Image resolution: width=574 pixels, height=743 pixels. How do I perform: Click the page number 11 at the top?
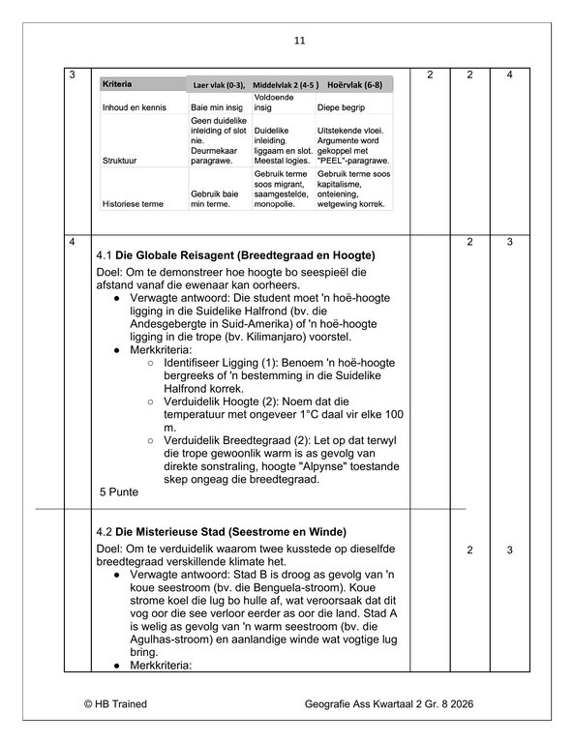(299, 41)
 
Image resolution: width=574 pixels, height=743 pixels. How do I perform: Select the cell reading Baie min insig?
(217, 107)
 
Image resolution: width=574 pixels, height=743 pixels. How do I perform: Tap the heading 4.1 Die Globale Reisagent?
(237, 255)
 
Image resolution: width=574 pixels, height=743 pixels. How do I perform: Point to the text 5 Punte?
(120, 491)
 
